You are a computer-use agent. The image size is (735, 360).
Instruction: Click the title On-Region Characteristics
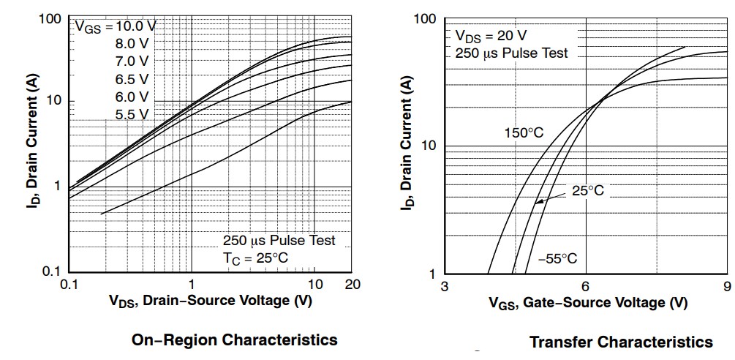[234, 340]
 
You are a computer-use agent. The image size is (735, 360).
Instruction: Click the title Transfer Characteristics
[621, 342]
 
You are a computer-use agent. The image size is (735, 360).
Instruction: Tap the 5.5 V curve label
[132, 114]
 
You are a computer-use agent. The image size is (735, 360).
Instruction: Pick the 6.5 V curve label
[132, 78]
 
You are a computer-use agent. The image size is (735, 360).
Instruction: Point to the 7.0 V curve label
[132, 61]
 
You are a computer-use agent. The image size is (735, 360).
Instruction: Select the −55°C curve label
[557, 258]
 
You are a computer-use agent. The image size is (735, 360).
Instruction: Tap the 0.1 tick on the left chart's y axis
[52, 272]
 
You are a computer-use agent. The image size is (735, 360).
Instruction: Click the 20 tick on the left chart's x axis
[351, 285]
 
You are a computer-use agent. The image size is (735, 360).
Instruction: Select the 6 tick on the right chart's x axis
[585, 285]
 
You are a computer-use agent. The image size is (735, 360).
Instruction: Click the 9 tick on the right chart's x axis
[725, 285]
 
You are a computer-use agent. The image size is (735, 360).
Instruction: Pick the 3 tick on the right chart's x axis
[445, 285]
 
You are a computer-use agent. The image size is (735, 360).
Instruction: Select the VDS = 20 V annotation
[491, 36]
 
